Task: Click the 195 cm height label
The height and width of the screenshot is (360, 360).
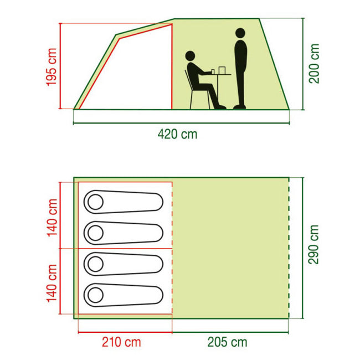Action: pos(52,67)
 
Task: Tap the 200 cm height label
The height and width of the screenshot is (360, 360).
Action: pos(314,64)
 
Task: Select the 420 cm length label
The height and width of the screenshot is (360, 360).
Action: pos(177,134)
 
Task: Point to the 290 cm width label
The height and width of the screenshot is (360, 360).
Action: pos(313,244)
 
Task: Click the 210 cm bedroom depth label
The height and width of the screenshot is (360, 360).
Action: pos(121,342)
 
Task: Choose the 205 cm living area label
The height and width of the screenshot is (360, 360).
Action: pos(227,342)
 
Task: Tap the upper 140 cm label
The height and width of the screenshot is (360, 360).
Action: pos(52,218)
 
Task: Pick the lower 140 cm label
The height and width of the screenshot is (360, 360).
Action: pos(52,284)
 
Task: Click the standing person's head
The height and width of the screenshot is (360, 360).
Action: pos(240,33)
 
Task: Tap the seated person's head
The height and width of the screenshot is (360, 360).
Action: pos(190,56)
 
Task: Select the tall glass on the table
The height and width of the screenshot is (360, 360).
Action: pos(222,70)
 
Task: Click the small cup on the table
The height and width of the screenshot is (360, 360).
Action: pos(213,71)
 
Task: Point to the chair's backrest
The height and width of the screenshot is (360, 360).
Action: pos(188,80)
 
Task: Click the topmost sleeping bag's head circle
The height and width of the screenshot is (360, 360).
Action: pos(95,202)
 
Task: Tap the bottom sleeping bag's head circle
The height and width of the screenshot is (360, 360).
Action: pos(95,295)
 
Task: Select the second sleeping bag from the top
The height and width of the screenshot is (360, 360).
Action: pos(124,233)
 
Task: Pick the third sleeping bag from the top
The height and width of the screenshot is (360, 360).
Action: pos(124,264)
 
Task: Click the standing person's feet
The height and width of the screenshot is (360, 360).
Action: pos(239,107)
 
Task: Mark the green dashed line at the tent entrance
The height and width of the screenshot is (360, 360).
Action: pos(289,248)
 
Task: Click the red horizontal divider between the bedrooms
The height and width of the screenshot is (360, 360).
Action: pos(125,249)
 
